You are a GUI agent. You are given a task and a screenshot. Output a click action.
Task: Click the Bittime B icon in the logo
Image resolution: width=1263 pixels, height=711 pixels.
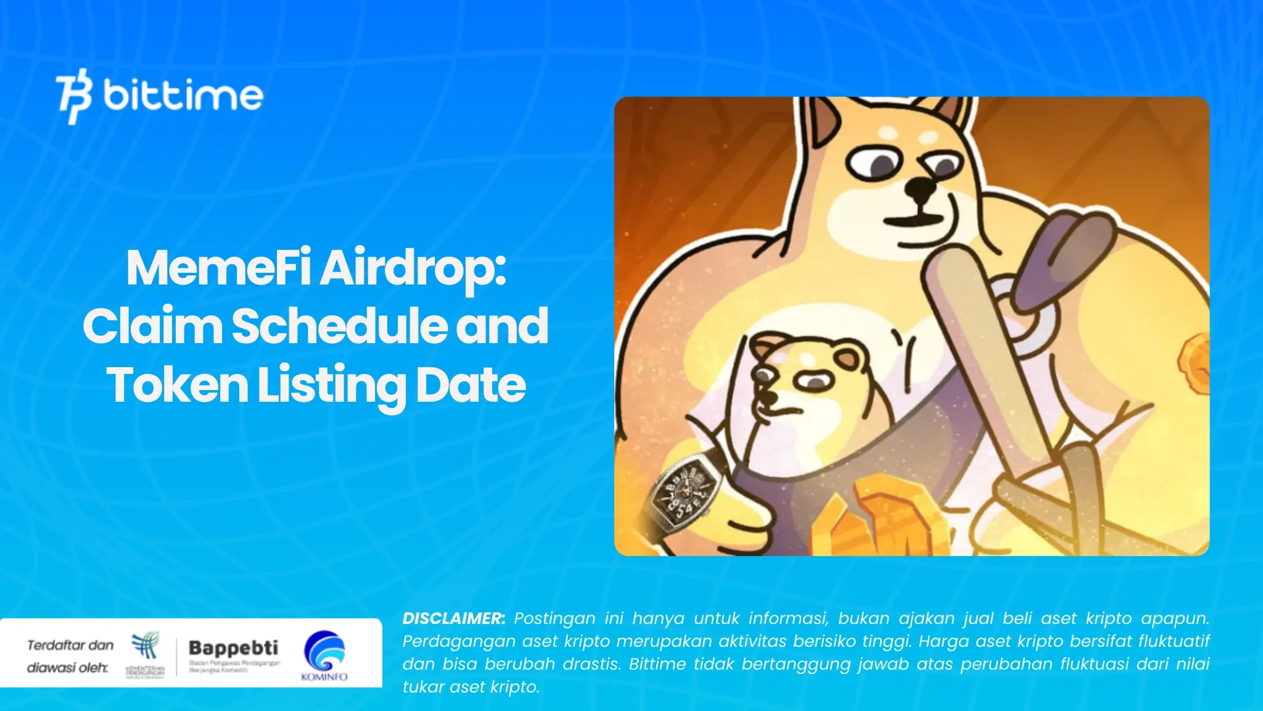pyautogui.click(x=74, y=96)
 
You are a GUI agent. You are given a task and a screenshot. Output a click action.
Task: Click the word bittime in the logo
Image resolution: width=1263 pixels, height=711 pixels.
pyautogui.click(x=183, y=95)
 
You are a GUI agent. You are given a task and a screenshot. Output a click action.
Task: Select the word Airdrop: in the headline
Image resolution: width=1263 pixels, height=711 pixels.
pyautogui.click(x=413, y=269)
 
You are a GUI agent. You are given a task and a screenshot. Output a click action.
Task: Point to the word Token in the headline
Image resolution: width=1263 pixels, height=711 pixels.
pyautogui.click(x=178, y=385)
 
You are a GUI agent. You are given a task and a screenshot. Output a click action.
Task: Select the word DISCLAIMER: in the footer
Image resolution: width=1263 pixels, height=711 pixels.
pyautogui.click(x=453, y=618)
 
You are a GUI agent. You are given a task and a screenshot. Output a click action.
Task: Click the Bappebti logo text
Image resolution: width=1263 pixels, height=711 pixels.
pyautogui.click(x=233, y=647)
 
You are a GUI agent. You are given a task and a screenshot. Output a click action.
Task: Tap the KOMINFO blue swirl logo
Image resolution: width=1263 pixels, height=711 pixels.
pyautogui.click(x=324, y=651)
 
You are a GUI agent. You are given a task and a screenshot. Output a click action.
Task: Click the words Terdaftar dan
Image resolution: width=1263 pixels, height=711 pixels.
pyautogui.click(x=70, y=646)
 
